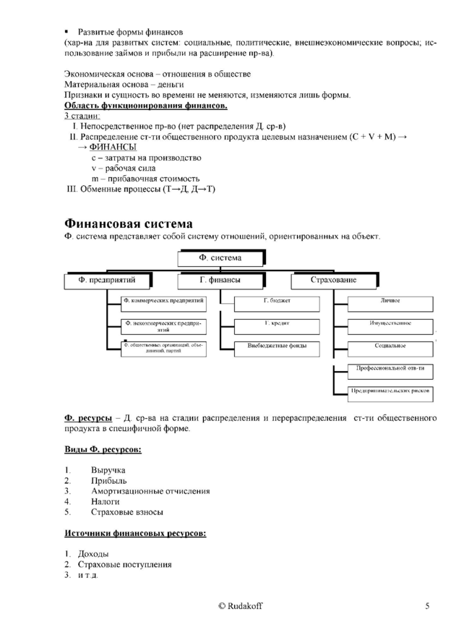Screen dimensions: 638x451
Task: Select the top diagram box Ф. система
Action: (x=220, y=258)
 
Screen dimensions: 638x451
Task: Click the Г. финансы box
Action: (x=220, y=280)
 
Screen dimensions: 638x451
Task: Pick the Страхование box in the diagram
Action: (x=333, y=280)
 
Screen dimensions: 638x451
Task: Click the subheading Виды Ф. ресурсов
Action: (x=103, y=450)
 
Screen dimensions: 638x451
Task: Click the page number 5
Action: (x=428, y=606)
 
